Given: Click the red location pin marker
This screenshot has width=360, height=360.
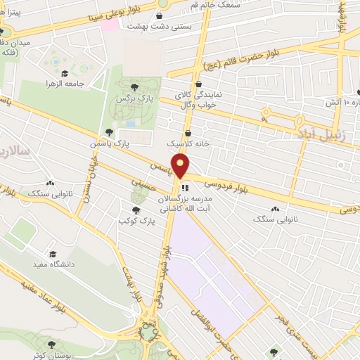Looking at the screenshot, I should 181,166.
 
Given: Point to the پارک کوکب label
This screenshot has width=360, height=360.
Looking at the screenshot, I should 135,221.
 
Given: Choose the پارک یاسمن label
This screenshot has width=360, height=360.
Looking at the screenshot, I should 111,143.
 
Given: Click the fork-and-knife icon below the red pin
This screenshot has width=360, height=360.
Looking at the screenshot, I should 184,187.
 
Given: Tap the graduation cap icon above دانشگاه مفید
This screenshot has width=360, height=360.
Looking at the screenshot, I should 52,253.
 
